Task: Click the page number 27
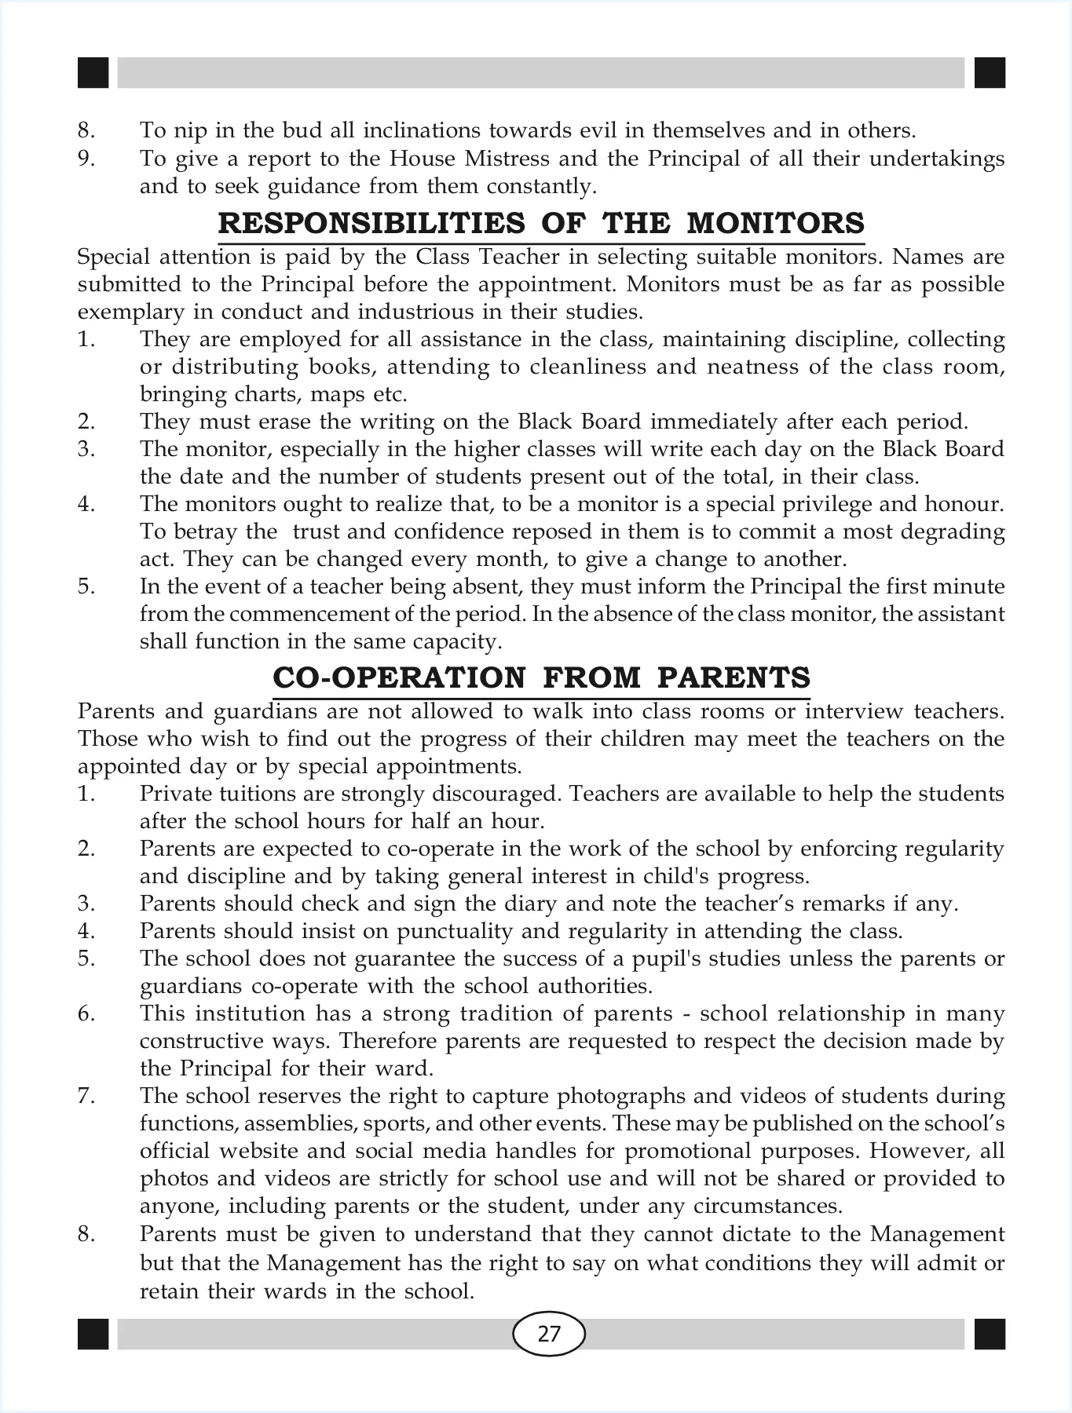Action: point(549,1334)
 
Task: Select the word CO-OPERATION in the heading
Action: point(399,677)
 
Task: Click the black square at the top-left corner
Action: point(93,72)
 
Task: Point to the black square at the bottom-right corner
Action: point(990,1334)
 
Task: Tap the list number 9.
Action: point(86,159)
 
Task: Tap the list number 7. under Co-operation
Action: point(86,1096)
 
